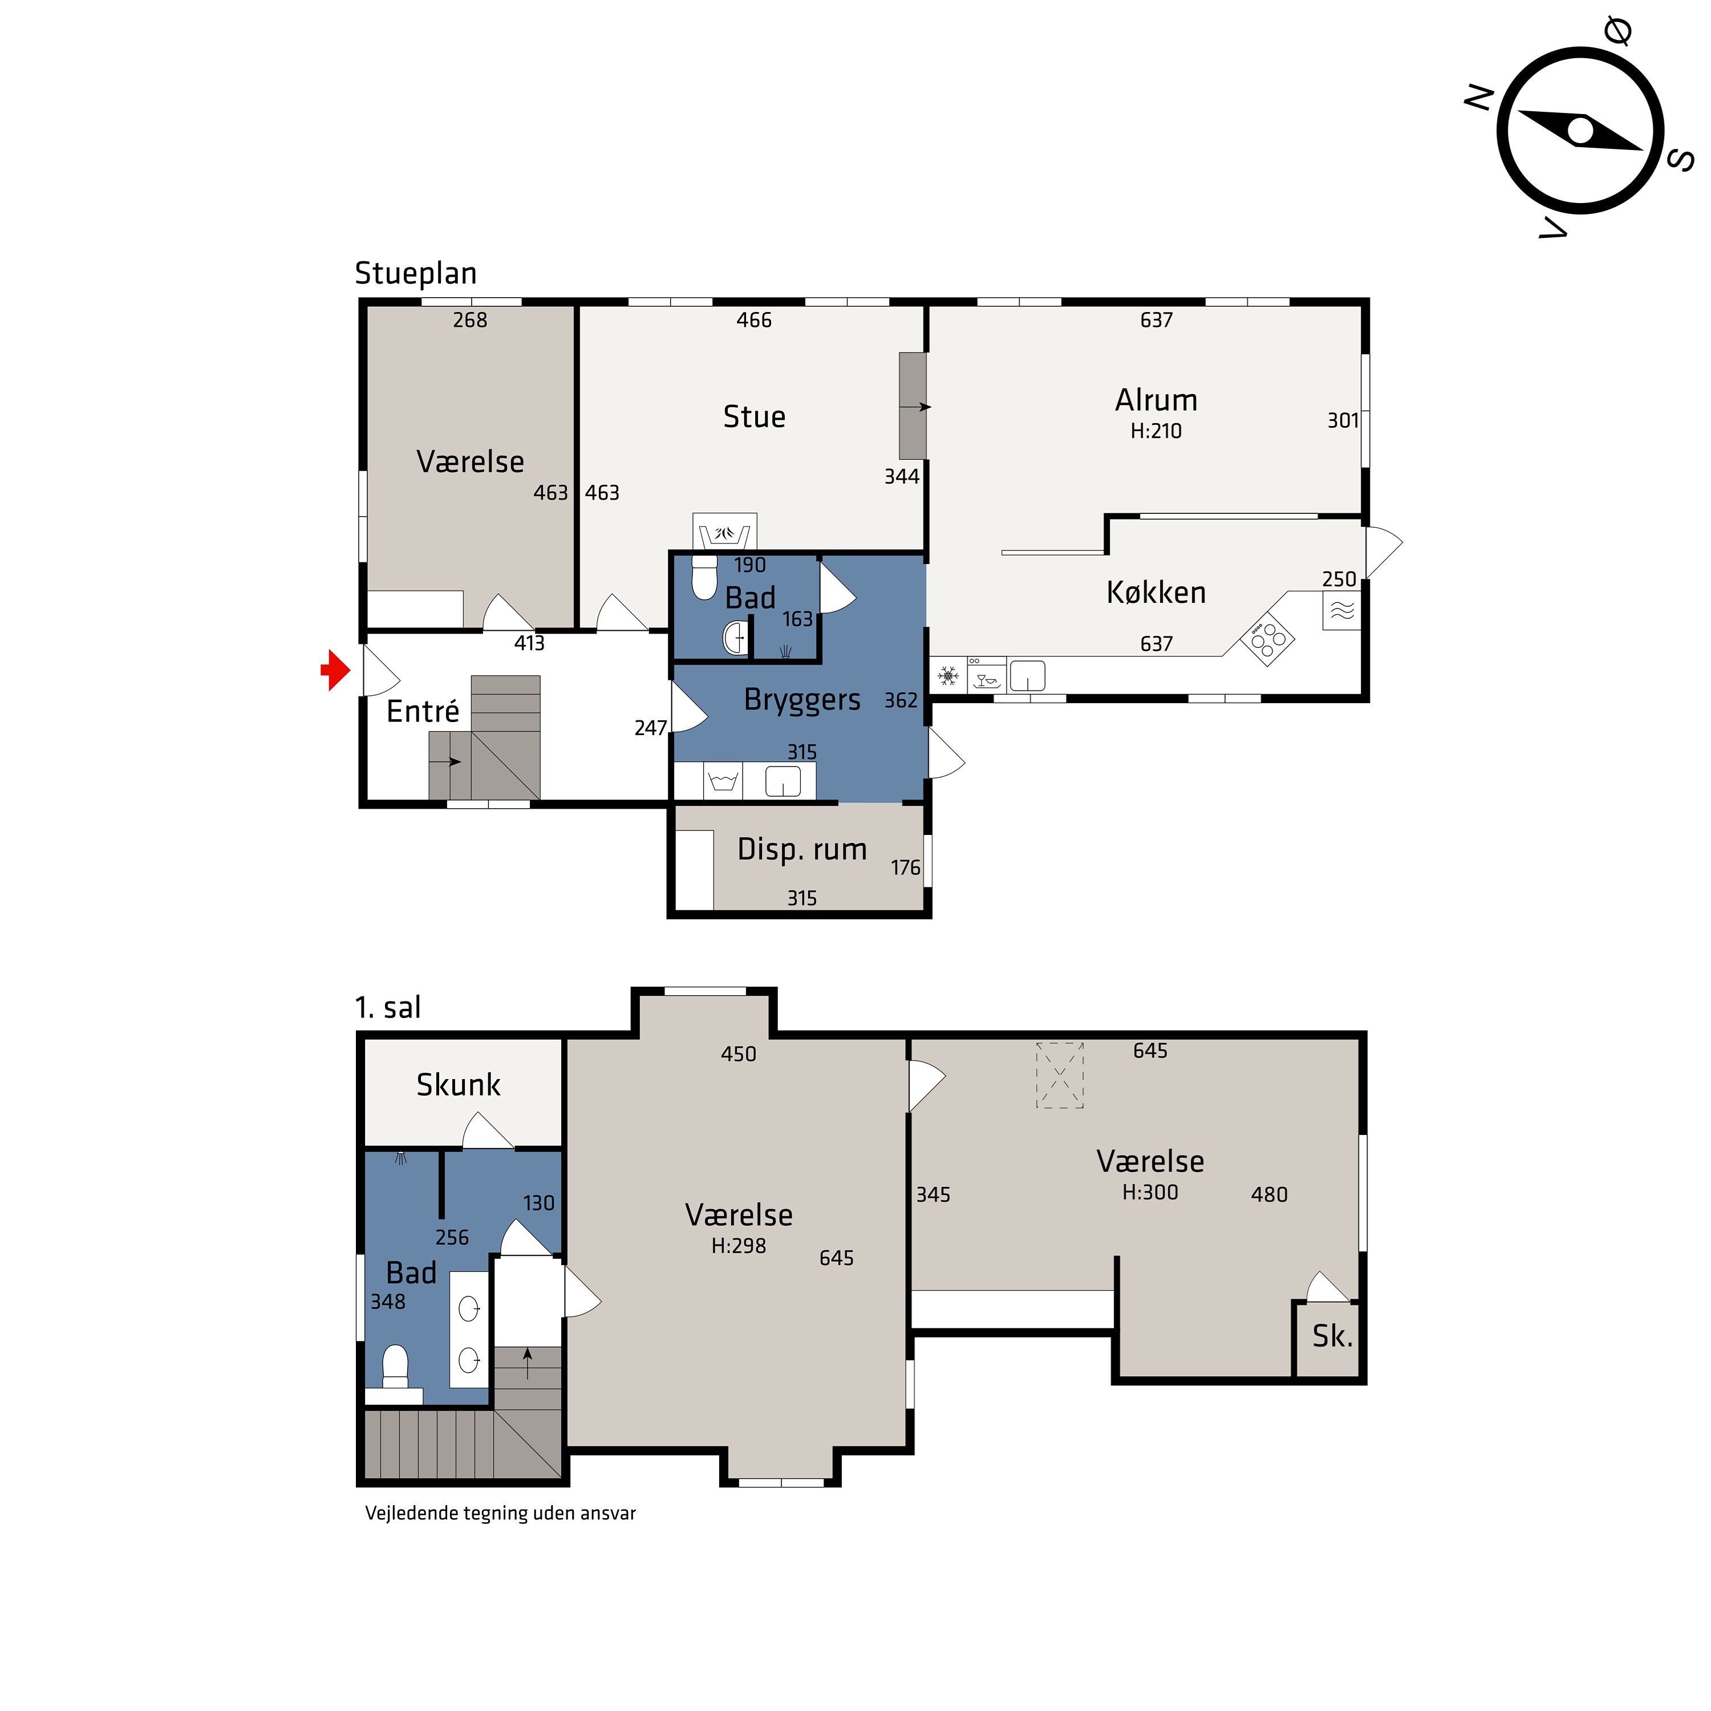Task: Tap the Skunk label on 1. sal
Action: tap(459, 1085)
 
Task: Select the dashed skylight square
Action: tap(1060, 1075)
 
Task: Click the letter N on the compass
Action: tap(1479, 98)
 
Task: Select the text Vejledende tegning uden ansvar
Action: tap(500, 1514)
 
